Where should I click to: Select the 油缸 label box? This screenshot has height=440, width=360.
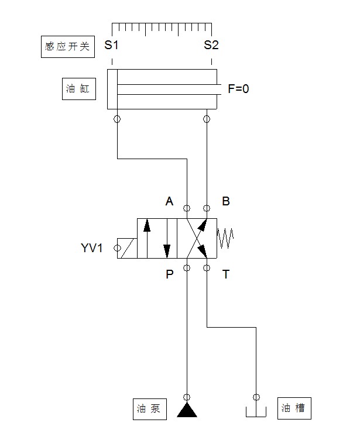tap(79, 89)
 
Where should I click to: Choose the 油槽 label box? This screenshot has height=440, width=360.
tap(293, 408)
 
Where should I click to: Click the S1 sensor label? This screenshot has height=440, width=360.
tap(111, 46)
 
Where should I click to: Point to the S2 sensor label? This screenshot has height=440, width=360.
tap(211, 46)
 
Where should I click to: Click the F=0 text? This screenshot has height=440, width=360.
tap(238, 90)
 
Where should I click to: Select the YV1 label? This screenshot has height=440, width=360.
tap(92, 248)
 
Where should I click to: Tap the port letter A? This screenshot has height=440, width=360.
tap(169, 202)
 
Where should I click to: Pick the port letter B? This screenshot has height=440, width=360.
tap(226, 202)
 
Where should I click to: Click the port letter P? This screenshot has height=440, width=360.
tap(169, 274)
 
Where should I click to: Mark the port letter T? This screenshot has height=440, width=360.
tap(226, 274)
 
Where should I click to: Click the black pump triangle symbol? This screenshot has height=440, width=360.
tap(187, 410)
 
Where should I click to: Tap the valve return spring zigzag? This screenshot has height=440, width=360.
tap(226, 238)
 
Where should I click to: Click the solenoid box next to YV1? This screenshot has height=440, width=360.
tap(127, 248)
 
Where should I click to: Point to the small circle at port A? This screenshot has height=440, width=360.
tap(187, 208)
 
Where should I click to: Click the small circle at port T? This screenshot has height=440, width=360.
tap(207, 268)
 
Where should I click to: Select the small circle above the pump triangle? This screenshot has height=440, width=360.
tap(187, 396)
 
